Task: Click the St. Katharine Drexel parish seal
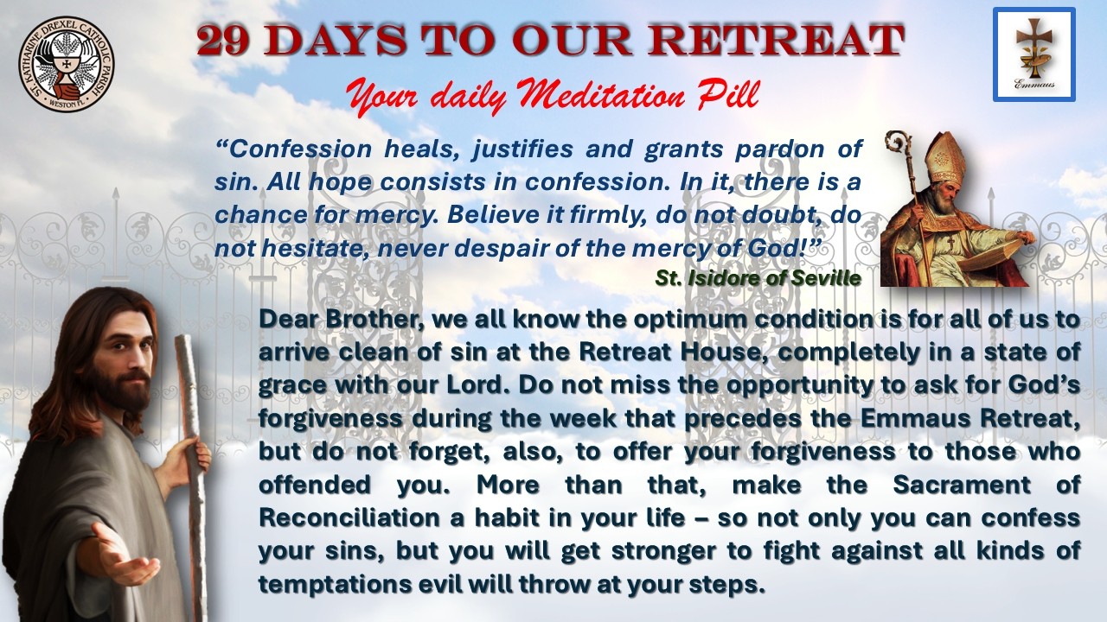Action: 67,63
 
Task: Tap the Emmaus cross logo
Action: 1034,54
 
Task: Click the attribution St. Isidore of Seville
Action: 758,278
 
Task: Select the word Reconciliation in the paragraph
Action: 349,517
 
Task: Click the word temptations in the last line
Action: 335,585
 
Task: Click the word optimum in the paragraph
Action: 689,321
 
